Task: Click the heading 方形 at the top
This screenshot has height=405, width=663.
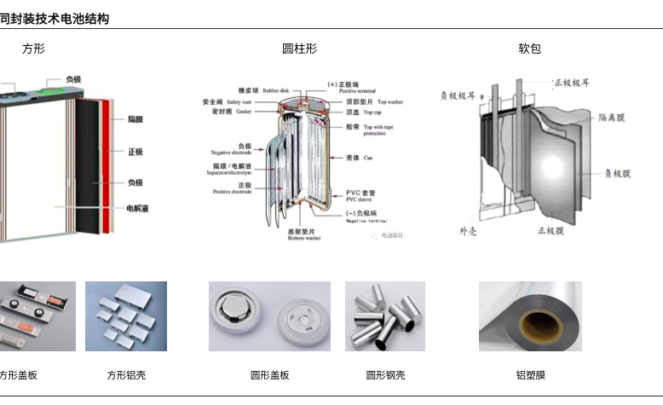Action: (x=33, y=49)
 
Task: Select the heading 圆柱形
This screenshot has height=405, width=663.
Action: (x=299, y=49)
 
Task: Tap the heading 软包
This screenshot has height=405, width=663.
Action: (x=529, y=49)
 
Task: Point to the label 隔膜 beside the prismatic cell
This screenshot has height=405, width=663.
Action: (x=135, y=119)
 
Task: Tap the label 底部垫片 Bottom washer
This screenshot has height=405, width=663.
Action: (x=303, y=234)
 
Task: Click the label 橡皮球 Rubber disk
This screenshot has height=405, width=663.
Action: (x=263, y=90)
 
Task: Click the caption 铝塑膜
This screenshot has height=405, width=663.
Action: (x=530, y=375)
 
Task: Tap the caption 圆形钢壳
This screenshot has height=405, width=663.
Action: (x=385, y=375)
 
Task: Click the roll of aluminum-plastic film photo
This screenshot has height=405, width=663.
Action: (x=530, y=316)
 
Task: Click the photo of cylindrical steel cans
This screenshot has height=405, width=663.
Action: (x=385, y=316)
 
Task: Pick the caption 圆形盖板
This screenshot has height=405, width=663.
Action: (x=269, y=375)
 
